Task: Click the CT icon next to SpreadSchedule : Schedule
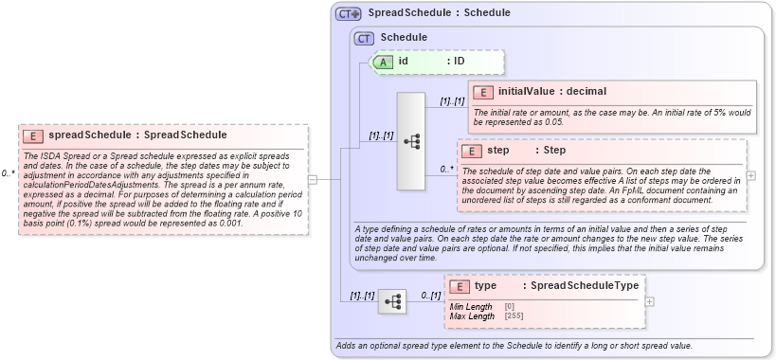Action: click(x=349, y=13)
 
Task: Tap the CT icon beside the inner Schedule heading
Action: click(x=364, y=38)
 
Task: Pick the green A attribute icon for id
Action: click(x=383, y=62)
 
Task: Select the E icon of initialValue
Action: click(x=483, y=92)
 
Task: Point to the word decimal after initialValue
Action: click(x=583, y=92)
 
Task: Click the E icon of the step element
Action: click(x=472, y=151)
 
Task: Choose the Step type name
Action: click(x=555, y=151)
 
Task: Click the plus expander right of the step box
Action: click(x=751, y=175)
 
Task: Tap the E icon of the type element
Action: click(x=460, y=286)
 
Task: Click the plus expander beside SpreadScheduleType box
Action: click(x=649, y=301)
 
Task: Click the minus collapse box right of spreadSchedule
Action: click(x=311, y=179)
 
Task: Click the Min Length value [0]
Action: click(x=510, y=306)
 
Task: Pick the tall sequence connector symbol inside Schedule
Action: click(x=411, y=141)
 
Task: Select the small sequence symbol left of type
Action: click(x=391, y=301)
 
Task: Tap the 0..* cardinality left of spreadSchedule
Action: click(x=8, y=173)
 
